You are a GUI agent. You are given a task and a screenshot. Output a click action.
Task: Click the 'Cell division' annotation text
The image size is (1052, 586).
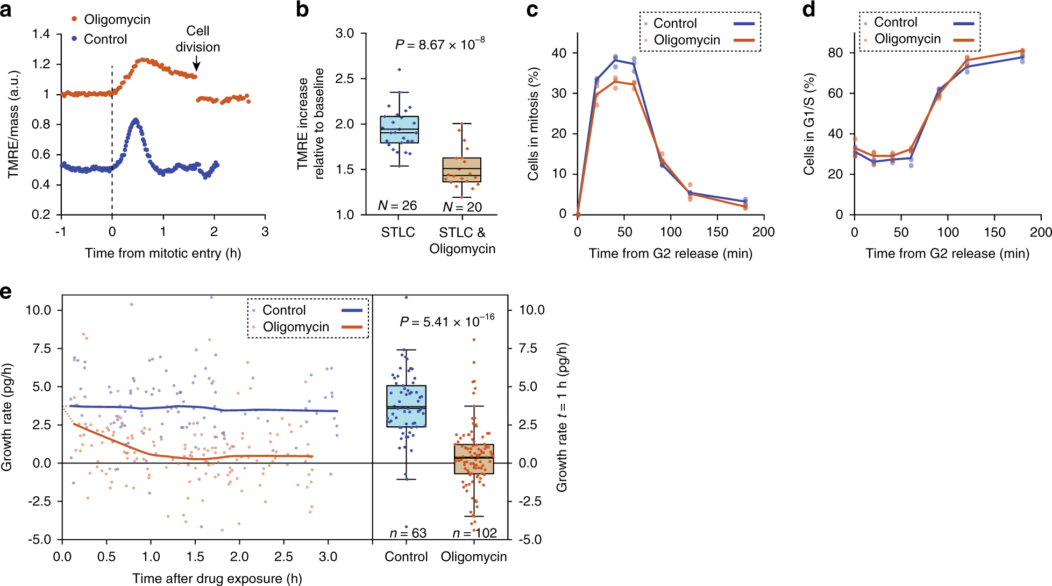[197, 39]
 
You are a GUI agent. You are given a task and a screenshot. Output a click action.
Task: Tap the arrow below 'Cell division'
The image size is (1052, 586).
[196, 65]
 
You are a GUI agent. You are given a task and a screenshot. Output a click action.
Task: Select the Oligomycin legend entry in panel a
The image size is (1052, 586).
[111, 19]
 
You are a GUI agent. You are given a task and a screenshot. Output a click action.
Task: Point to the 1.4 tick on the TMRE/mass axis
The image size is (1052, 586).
[41, 34]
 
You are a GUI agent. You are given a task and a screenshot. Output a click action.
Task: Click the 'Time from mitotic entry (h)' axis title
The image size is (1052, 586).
[162, 253]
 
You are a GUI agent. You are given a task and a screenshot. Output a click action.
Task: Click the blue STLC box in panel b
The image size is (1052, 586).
[399, 130]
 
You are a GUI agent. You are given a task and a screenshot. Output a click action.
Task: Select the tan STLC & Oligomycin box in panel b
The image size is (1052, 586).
[461, 170]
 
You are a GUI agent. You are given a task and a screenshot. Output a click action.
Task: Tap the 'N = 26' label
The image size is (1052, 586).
[397, 205]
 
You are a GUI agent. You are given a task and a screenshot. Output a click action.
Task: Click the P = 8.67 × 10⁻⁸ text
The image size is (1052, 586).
[439, 45]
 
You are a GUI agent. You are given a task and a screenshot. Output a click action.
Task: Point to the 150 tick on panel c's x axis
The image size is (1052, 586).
[717, 232]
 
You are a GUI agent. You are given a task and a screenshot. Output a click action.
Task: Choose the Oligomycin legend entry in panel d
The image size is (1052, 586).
[907, 39]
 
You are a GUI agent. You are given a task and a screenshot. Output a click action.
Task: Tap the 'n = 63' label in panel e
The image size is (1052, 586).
[408, 533]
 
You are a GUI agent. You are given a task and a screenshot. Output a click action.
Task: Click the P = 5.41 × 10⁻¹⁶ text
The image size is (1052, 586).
[446, 321]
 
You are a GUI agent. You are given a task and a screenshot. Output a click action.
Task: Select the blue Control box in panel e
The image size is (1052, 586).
[406, 406]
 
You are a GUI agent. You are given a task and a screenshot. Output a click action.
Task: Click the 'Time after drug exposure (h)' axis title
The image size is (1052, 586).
[217, 578]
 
